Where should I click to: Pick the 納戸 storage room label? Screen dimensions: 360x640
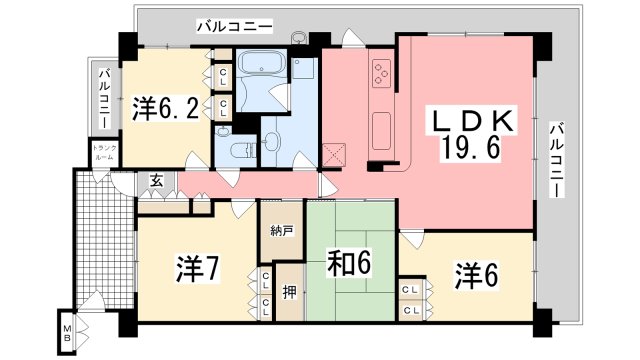(282, 230)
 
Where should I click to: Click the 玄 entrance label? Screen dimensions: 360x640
(158, 181)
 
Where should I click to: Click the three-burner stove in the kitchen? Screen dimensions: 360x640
(382, 71)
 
